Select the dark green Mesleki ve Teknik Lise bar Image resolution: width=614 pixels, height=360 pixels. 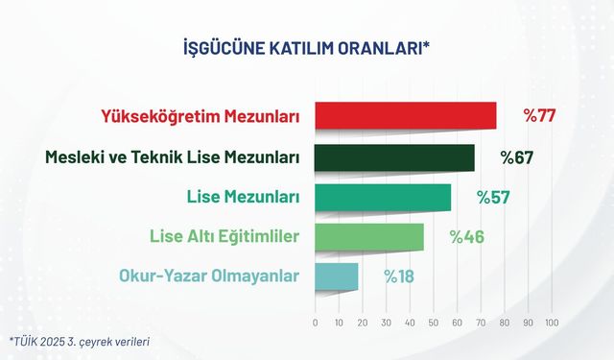coord(393,157)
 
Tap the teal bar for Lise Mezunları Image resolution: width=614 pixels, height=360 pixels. coord(382,197)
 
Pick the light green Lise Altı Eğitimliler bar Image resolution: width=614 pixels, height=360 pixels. coord(369,236)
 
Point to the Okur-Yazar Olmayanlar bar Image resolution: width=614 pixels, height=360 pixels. coord(337,276)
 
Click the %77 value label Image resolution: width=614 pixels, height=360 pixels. coord(540,116)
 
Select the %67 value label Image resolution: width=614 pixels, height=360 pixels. coord(516,157)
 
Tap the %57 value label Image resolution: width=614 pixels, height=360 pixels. coord(493,197)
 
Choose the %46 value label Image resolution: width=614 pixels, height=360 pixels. coord(467,236)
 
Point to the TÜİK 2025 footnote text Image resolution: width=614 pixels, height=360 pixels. coord(80,341)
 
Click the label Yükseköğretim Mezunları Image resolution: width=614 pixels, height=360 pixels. coord(200,117)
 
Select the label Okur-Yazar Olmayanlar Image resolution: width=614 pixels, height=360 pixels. coord(209,276)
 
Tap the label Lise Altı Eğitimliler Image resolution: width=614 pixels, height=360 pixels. coord(224,236)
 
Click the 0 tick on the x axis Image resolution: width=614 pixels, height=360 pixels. coord(316,323)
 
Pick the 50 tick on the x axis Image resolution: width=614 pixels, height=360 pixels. coord(433,323)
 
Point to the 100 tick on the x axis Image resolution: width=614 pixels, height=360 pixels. coord(551,323)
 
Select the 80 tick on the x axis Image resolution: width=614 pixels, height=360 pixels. coord(504,323)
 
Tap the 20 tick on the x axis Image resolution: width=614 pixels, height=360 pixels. coord(363,323)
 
